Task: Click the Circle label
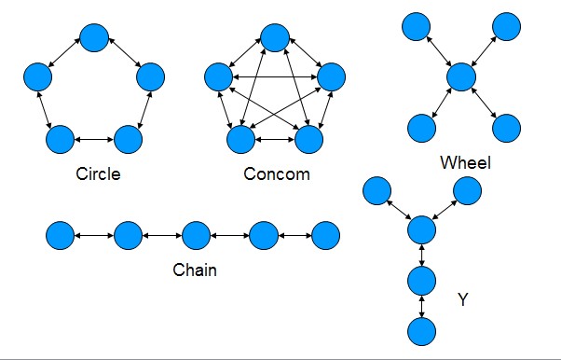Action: pyautogui.click(x=100, y=173)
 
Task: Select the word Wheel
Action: pyautogui.click(x=465, y=164)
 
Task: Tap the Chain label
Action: pyautogui.click(x=195, y=270)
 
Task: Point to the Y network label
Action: pyautogui.click(x=463, y=300)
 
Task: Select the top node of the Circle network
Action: pyautogui.click(x=94, y=37)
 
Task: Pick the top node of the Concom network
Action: pyautogui.click(x=274, y=37)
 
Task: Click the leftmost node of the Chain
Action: pyautogui.click(x=61, y=236)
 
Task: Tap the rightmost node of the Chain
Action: pyautogui.click(x=325, y=236)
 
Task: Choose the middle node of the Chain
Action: pyautogui.click(x=195, y=236)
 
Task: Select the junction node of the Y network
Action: pyautogui.click(x=422, y=229)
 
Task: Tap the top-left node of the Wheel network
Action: pyautogui.click(x=417, y=27)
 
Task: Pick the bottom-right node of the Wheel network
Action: pyautogui.click(x=507, y=127)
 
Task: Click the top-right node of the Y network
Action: pyautogui.click(x=468, y=190)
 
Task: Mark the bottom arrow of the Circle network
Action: pyautogui.click(x=94, y=139)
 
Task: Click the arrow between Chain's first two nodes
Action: pyautogui.click(x=94, y=236)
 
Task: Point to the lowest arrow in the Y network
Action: pyautogui.click(x=423, y=304)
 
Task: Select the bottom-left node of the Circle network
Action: pyautogui.click(x=60, y=139)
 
